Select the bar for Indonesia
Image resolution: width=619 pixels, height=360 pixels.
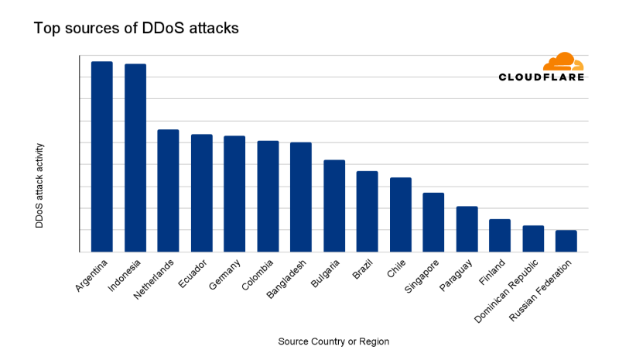coord(135,158)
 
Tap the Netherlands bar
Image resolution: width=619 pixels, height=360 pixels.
coord(168,190)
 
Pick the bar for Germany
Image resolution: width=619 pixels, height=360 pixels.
coord(234,194)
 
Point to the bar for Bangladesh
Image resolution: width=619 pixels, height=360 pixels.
coord(301,197)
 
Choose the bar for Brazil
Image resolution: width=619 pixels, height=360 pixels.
coord(367,211)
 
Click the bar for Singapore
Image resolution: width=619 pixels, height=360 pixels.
coord(433,222)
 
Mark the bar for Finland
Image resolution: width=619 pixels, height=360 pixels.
coord(500,235)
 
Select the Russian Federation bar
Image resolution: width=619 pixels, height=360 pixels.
coord(566,241)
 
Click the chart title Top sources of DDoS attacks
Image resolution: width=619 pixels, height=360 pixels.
coord(136,29)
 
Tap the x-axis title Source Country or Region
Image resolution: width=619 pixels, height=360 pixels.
coord(333,341)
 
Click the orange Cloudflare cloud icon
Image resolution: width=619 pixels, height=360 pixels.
coord(563,61)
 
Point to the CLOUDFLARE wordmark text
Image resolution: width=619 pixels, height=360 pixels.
coord(541,77)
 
